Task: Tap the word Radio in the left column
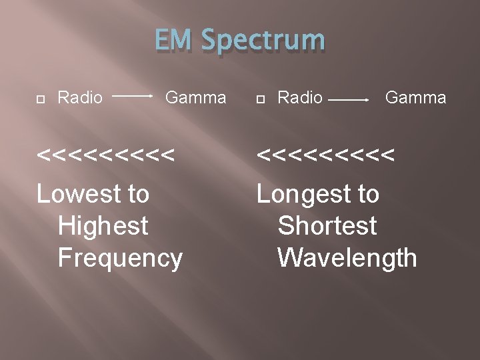pos(80,98)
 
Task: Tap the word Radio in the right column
pos(300,98)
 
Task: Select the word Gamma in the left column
pos(195,98)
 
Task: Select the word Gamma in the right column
pos(416,98)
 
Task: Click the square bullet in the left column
pos(41,99)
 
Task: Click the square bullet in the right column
pos(261,99)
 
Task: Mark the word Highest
pos(103,226)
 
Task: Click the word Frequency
pos(120,258)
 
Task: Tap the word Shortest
pos(327,226)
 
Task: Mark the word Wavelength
pos(347,257)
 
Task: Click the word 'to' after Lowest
pos(138,195)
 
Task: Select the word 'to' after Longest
pos(367,195)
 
